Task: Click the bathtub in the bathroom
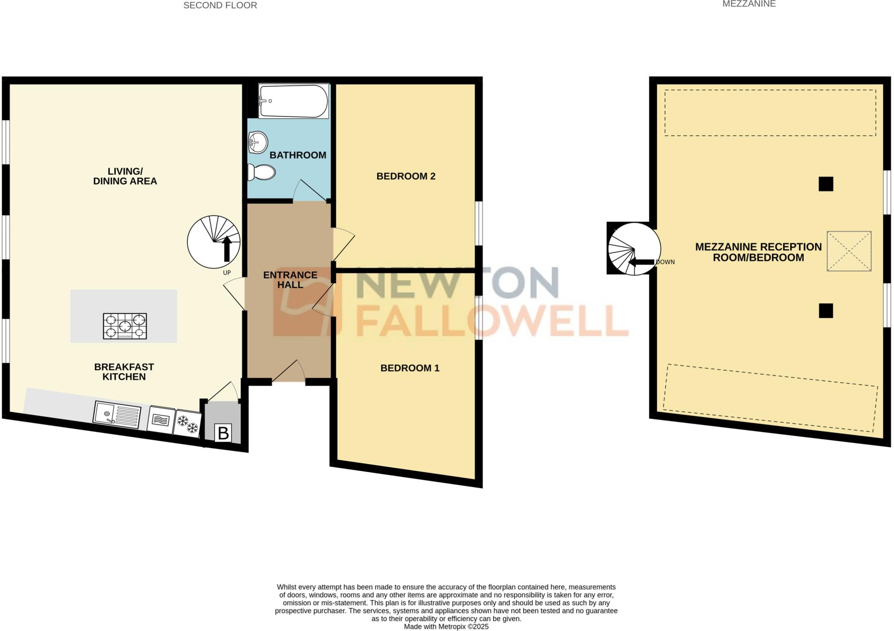pos(293,101)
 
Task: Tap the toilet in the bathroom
pos(261,172)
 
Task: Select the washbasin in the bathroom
pos(258,142)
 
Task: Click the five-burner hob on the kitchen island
pos(125,326)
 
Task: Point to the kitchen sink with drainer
pos(117,414)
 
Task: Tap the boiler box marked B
pos(223,433)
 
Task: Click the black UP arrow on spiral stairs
pos(227,248)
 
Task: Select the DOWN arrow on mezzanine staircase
pos(640,262)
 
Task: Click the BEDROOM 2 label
pos(406,176)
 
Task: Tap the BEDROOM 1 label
pos(409,368)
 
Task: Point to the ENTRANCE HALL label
pos(290,279)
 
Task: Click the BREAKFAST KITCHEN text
pos(124,372)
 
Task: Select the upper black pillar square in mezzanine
pos(825,184)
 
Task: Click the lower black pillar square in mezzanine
pos(825,310)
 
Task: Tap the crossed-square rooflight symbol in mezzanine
pos(849,251)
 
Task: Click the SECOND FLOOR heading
pos(220,6)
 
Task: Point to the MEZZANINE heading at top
pos(755,4)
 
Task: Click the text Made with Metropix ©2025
pos(446,626)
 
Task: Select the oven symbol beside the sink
pos(160,420)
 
